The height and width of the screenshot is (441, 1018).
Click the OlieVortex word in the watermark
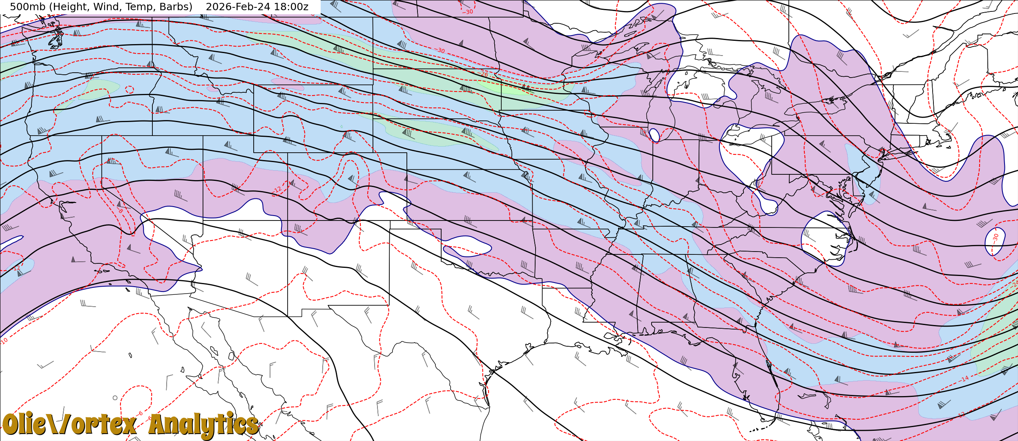click(69, 425)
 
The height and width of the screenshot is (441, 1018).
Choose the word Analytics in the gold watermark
click(203, 425)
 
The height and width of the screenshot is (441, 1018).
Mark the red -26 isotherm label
click(484, 74)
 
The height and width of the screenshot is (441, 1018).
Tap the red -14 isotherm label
click(965, 379)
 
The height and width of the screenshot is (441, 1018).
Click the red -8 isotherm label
click(121, 211)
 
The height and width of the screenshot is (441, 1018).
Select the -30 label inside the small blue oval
click(996, 237)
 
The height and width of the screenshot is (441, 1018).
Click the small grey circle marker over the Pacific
click(115, 398)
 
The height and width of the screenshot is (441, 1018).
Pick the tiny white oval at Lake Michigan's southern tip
click(654, 135)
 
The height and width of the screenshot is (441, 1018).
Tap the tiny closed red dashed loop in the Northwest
click(129, 89)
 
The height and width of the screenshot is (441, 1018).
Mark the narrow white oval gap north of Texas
click(468, 247)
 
